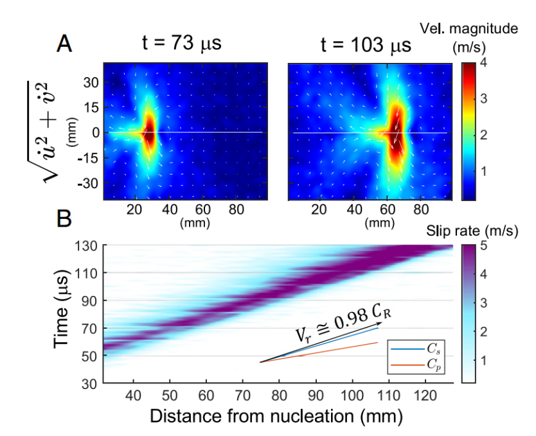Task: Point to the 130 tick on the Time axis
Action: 88,245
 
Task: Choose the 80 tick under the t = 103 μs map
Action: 421,209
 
